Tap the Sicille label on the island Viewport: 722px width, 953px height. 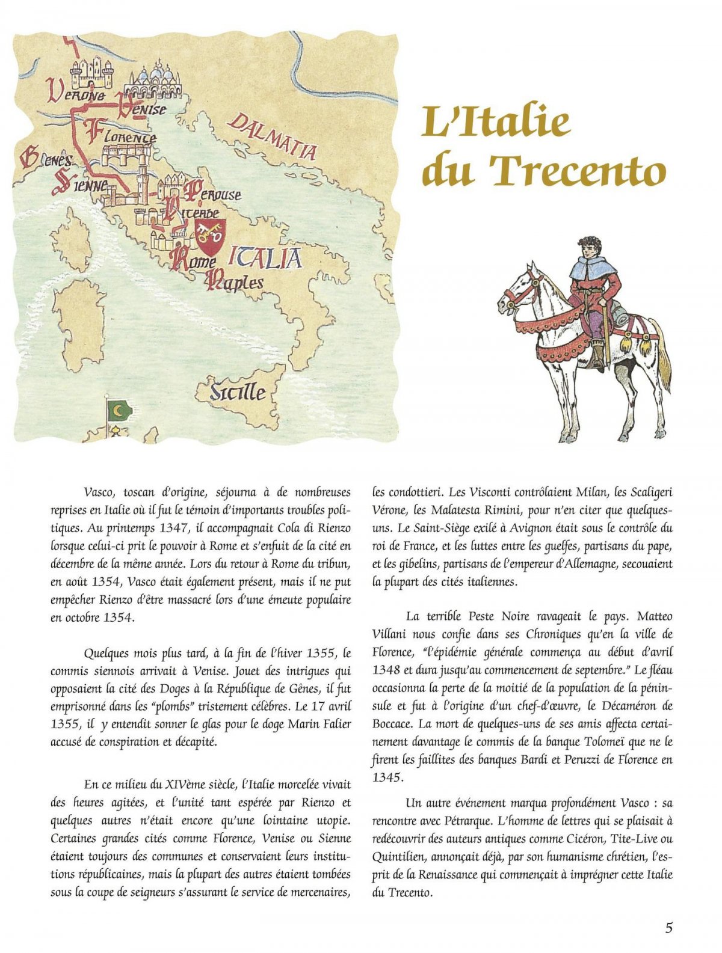point(238,392)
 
